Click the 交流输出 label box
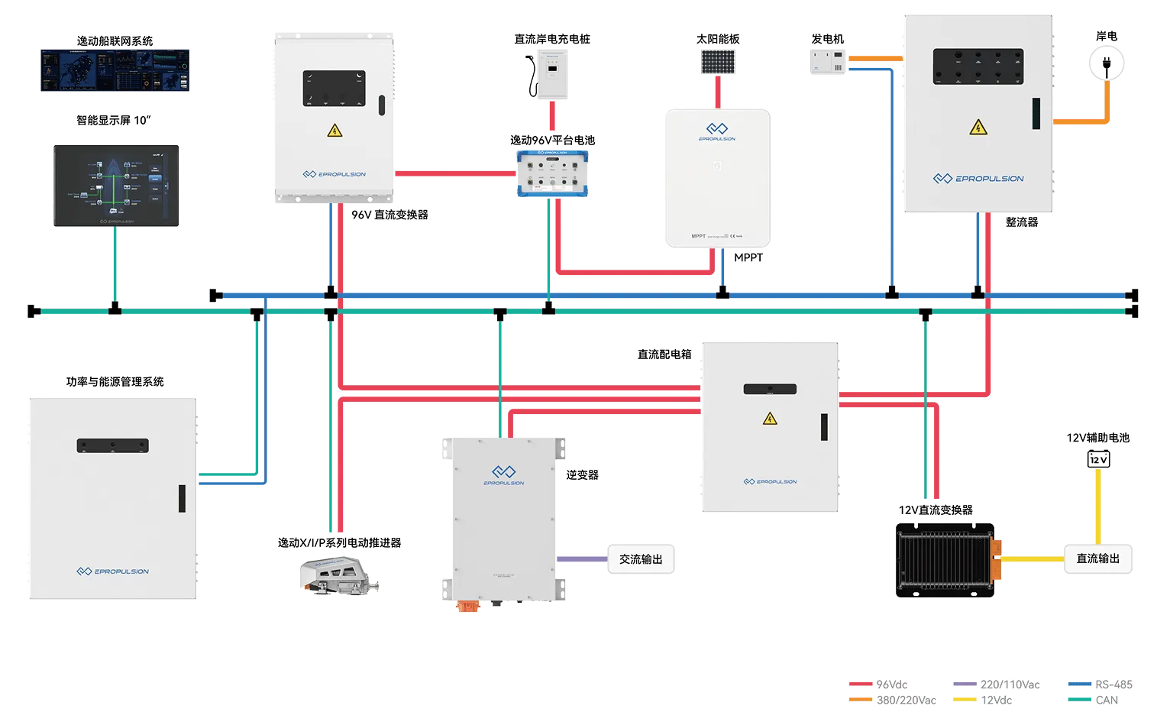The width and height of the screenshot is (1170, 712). pos(641,559)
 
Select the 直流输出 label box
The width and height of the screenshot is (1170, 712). pos(1098,559)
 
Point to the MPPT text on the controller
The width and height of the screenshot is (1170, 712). pos(699,236)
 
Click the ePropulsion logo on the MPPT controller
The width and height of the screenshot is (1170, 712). pos(716,131)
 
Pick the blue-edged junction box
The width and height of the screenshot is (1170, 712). pos(553,174)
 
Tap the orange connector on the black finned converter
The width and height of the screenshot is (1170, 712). pos(996,558)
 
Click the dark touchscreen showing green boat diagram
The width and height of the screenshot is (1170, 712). pos(116,186)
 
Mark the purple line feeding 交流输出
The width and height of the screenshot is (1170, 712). pos(580,559)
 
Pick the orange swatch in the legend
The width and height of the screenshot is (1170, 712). pos(861,699)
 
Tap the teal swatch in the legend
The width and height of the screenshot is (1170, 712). pos(1076,699)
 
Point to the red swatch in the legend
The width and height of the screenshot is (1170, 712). pos(861,684)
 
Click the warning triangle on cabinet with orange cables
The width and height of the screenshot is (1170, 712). pos(978,127)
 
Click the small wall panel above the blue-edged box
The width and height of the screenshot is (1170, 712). pos(552,76)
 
